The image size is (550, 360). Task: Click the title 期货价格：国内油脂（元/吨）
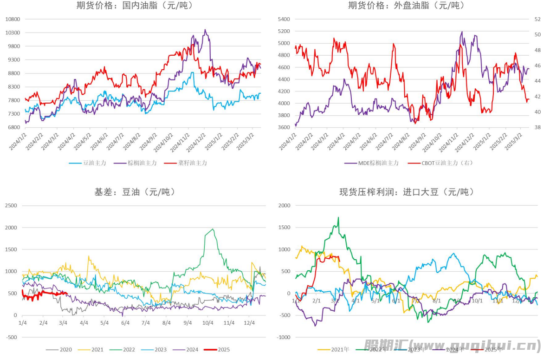(x=135, y=6)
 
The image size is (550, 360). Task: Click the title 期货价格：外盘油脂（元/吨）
(x=406, y=6)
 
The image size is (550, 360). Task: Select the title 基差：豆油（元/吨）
(x=135, y=192)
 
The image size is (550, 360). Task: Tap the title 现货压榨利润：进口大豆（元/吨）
(x=406, y=192)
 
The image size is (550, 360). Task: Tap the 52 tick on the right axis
(x=537, y=19)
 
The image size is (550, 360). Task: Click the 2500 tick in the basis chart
(x=11, y=205)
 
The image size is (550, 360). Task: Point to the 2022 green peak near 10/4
(x=213, y=229)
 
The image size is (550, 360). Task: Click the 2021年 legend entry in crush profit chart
(x=337, y=350)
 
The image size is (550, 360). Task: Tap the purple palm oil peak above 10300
(x=205, y=30)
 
